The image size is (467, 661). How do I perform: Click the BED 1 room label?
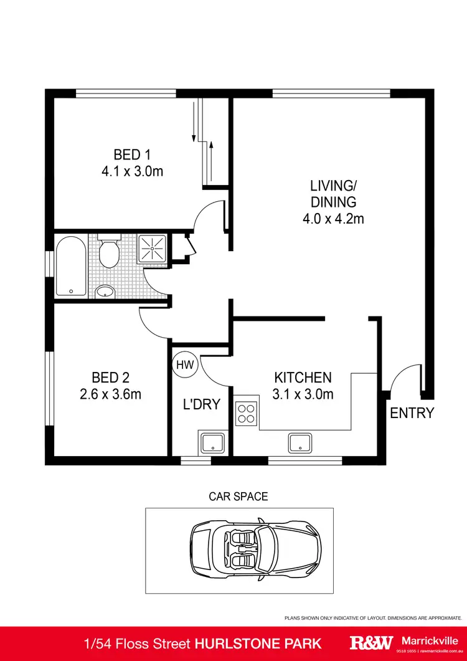point(132,155)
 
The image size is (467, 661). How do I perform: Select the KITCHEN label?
point(303,378)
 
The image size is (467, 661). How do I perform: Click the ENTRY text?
point(412,412)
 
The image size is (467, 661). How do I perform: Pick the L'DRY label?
point(202,404)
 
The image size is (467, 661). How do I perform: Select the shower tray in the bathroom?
point(152,249)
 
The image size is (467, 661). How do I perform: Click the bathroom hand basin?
point(105,291)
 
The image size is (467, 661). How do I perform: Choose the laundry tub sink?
point(212,443)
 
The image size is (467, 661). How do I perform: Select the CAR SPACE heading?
point(238,497)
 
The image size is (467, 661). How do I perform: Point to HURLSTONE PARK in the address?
point(271,644)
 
